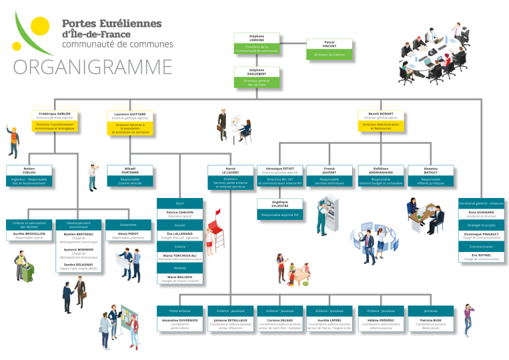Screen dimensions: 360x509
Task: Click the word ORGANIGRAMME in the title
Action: point(93,66)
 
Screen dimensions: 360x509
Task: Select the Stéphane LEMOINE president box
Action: point(257,44)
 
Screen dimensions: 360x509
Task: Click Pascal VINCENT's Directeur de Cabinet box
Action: point(329,49)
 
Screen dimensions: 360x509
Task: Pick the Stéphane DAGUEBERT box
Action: point(257,77)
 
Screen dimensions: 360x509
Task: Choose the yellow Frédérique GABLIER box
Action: point(54,121)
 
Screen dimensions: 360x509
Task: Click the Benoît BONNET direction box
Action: point(381,121)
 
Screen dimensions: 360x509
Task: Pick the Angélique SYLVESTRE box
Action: point(280,209)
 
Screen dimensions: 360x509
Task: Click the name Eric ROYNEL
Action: point(481,255)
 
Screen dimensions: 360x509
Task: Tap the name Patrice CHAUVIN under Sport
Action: point(180,212)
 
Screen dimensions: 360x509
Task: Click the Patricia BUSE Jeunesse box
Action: point(431,319)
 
